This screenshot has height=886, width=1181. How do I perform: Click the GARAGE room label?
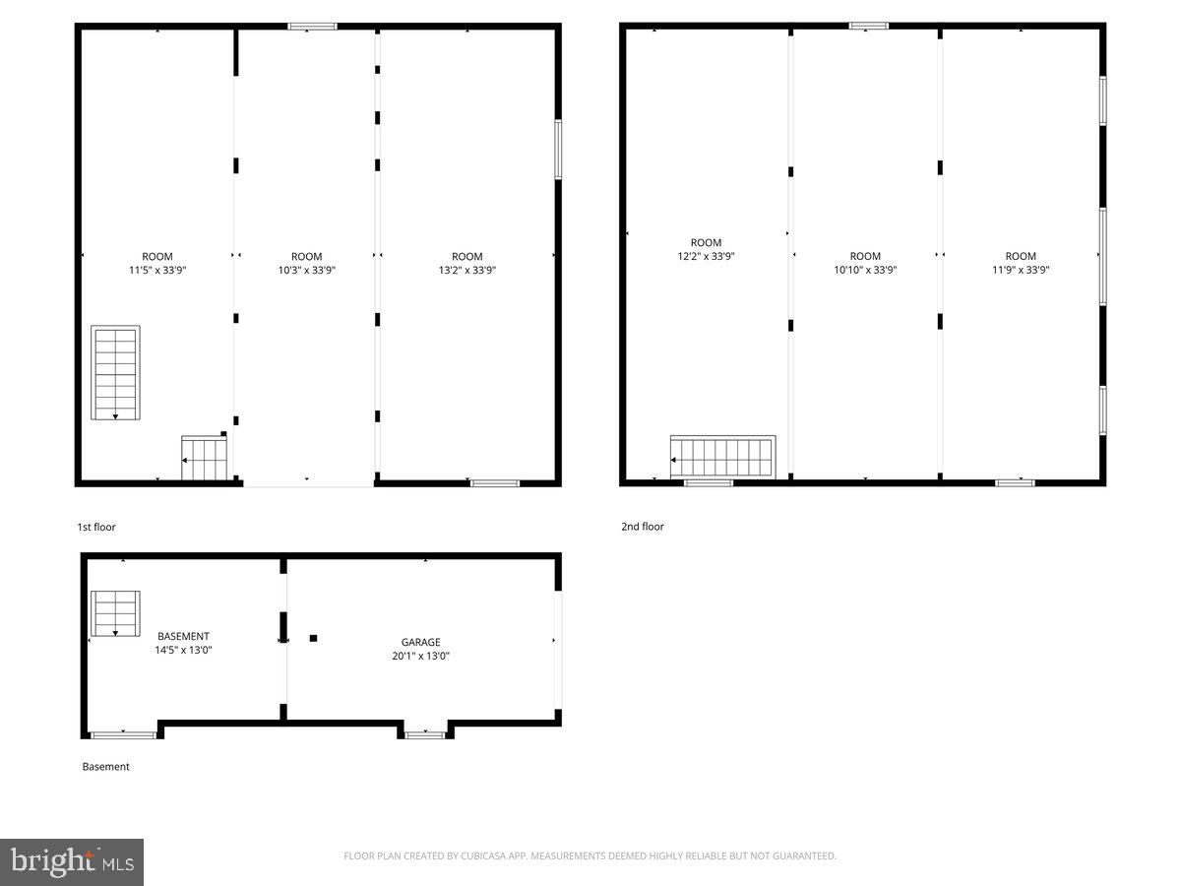[x=420, y=642]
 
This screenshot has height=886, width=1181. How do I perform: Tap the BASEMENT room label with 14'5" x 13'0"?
[x=183, y=636]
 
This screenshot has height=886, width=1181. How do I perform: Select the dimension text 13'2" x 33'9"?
[x=466, y=270]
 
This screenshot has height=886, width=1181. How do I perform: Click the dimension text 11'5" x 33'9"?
[x=157, y=270]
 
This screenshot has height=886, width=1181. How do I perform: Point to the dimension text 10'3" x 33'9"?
[x=307, y=270]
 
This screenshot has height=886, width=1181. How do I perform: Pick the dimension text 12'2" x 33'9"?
[x=706, y=256]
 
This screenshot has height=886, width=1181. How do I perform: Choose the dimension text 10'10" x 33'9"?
[x=865, y=270]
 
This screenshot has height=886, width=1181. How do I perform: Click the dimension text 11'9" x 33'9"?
[x=1021, y=270]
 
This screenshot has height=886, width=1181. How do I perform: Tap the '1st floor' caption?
[x=96, y=528]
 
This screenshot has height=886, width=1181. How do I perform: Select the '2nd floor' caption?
[x=642, y=527]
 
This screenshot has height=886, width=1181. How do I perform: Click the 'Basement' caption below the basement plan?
[x=105, y=767]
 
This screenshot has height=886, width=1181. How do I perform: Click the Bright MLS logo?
[x=72, y=862]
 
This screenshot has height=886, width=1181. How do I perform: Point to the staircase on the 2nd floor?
[x=723, y=458]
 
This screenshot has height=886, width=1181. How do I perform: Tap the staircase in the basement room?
[x=115, y=613]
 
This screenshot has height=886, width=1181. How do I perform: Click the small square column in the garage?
[x=313, y=638]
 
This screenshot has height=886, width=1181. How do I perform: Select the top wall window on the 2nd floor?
[x=868, y=26]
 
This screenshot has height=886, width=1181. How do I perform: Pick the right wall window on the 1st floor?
[x=558, y=150]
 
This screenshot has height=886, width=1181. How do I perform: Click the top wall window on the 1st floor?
[x=312, y=27]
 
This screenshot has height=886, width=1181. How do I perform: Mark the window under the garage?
[x=425, y=734]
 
